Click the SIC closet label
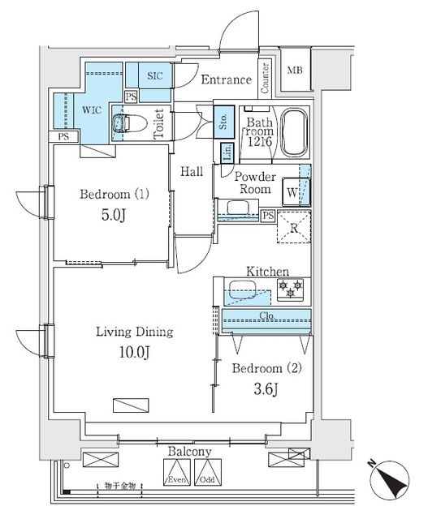(x=155, y=76)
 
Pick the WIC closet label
(x=91, y=110)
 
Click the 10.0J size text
(x=114, y=353)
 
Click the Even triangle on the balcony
(x=176, y=472)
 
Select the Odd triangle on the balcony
(x=207, y=472)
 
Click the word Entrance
(x=226, y=79)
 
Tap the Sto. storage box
(x=223, y=123)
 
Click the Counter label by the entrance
(x=266, y=75)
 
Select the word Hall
(x=192, y=171)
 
